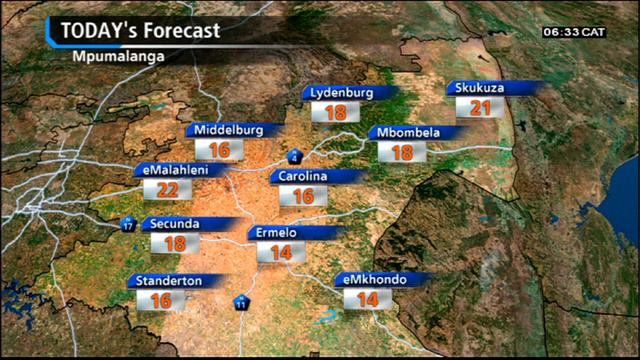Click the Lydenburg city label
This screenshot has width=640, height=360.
point(342,93)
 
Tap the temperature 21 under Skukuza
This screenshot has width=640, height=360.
point(481,108)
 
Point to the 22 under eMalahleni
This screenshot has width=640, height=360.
point(167,190)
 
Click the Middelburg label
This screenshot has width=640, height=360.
point(228,130)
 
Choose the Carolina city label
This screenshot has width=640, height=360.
point(303,176)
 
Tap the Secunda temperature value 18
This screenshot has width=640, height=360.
point(174,243)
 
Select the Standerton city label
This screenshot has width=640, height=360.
point(169,281)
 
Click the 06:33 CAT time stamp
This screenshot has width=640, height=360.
point(574,32)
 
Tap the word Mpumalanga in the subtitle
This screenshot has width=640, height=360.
point(118,55)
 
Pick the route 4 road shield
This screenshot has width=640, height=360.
point(295,157)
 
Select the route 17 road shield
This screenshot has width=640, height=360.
point(128,224)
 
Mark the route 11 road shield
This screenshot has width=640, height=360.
point(242,302)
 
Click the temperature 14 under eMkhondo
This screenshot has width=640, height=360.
point(367,299)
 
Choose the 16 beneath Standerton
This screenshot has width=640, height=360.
point(161,300)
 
